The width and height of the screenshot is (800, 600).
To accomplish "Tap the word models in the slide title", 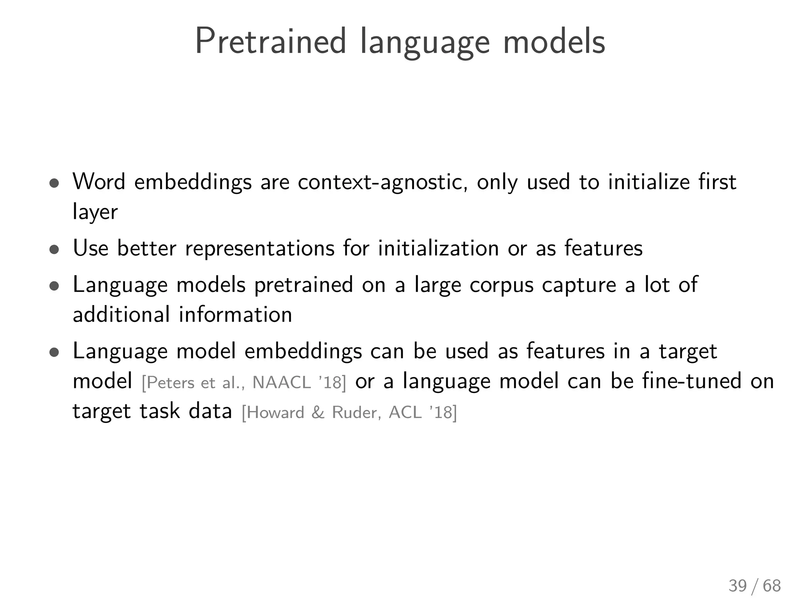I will pos(554,41).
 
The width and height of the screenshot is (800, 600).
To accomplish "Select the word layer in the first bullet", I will pos(95,212).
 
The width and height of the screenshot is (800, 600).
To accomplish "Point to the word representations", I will pos(260,248).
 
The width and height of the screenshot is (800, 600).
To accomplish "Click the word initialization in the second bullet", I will pos(438,248).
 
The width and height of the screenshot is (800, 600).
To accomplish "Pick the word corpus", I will pos(501,285).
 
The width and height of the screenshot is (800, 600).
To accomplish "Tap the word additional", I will pos(121,315).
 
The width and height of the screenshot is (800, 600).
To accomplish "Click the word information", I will pos(236,315).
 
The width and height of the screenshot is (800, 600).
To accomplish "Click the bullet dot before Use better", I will pos(54,249).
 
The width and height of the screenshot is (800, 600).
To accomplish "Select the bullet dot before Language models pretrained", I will pos(54,286).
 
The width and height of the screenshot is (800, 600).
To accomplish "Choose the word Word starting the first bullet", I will pos(99,182).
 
